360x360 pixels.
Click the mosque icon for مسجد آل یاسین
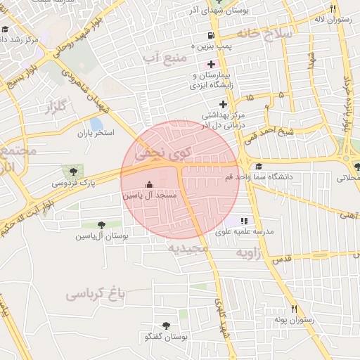pos(148,186)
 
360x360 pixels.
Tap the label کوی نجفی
pos(170,150)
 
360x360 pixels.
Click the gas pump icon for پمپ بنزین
pos(210,35)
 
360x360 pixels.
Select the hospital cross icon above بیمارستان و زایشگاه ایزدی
pos(211,65)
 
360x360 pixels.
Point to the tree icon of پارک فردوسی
pos(71,171)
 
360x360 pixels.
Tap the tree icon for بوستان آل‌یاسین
pos(103,224)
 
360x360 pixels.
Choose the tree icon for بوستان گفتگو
pos(166,326)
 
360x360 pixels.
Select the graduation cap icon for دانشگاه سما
pos(259,167)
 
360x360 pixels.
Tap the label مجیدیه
pos(185,247)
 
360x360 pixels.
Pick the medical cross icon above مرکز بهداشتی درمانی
pos(223,104)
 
